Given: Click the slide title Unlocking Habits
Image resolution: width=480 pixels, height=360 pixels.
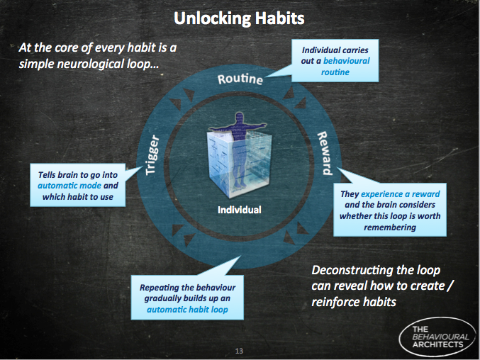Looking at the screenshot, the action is [x=239, y=18].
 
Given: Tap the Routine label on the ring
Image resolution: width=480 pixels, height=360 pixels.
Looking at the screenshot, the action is [x=240, y=79].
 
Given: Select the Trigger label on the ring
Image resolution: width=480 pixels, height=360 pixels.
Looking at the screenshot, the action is [x=152, y=154].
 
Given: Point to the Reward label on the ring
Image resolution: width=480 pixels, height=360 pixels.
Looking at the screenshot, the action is [x=325, y=153].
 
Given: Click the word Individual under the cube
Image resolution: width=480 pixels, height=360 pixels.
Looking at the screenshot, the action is [x=240, y=210].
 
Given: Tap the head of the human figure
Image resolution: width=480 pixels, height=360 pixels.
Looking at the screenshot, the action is [x=240, y=117].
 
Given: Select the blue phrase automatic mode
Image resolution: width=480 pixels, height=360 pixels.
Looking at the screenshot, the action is [x=69, y=186].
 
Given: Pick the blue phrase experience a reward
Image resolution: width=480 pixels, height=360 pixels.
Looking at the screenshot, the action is [x=401, y=194].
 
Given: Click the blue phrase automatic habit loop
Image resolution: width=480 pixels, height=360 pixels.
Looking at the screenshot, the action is [x=187, y=310].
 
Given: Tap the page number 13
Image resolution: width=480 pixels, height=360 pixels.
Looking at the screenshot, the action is [x=239, y=351].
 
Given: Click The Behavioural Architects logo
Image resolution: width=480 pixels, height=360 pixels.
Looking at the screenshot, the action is [x=437, y=337].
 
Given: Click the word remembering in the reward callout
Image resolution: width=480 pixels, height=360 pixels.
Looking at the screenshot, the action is [x=390, y=227].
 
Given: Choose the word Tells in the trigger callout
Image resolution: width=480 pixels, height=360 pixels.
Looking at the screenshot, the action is [x=46, y=174].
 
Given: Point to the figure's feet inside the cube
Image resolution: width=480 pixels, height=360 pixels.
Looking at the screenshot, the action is [x=239, y=184].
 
